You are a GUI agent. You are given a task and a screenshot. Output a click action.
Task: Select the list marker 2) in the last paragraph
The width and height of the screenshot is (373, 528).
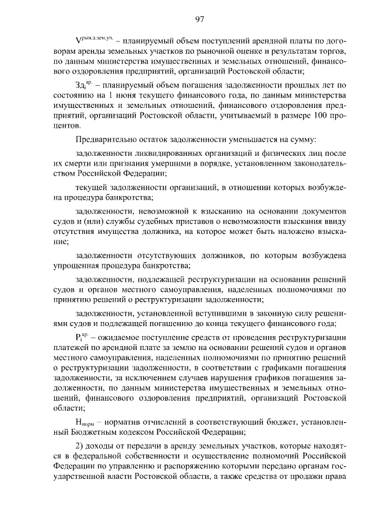(x=80, y=446)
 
